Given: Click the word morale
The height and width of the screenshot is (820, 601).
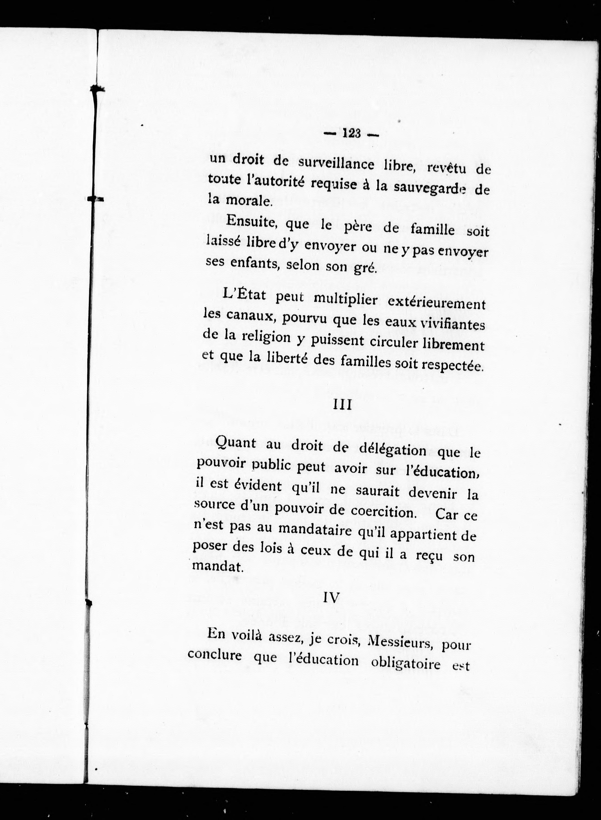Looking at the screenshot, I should [x=249, y=201].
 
